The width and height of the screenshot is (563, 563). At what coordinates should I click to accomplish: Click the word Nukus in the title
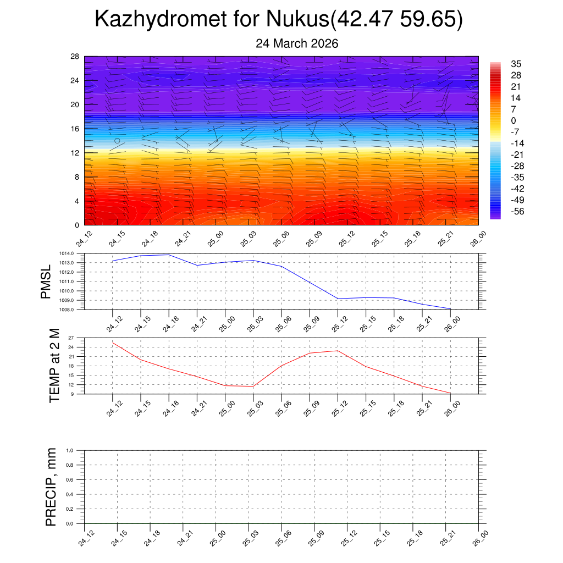coord(297,19)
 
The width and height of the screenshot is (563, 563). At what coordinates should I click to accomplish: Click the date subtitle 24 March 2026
coord(297,43)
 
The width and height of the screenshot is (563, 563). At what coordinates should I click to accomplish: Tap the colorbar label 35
coord(516,64)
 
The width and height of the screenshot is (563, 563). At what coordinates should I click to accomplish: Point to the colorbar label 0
coord(514,121)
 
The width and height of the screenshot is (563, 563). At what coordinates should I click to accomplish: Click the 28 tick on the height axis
coord(75,57)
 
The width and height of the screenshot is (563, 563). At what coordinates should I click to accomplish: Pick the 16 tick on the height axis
coord(75,129)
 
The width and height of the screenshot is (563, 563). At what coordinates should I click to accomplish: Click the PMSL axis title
coord(46,281)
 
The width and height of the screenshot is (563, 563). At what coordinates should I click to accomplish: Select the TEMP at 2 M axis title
coord(54,366)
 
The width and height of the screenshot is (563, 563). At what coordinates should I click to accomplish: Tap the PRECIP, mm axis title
coord(51,487)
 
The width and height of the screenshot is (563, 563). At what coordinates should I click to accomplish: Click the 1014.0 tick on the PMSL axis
coord(75,253)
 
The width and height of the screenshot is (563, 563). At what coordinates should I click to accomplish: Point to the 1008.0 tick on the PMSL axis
coord(75,310)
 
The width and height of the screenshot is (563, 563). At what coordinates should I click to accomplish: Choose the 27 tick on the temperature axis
coord(78,338)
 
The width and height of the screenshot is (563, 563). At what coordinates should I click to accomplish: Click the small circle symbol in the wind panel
coord(117,141)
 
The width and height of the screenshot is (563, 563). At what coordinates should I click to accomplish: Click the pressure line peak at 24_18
coord(169,255)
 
